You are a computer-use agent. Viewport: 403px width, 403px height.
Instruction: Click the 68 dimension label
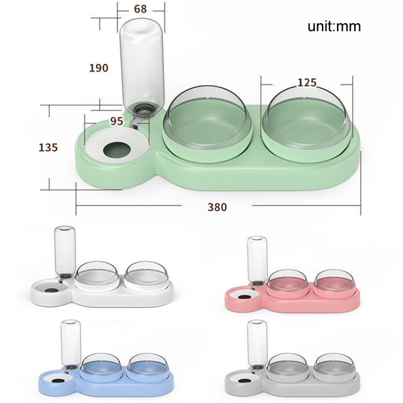pos(140,9)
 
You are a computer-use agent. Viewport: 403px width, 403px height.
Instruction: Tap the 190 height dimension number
pos(99,68)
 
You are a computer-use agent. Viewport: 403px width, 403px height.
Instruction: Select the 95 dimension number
pos(117,121)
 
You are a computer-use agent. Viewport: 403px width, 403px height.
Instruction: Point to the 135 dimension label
pos(48,148)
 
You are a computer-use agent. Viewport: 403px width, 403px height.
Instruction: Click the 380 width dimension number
pos(218,207)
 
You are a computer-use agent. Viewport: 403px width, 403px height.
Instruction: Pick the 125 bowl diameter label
pos(307,83)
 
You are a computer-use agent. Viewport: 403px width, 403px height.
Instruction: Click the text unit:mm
pos(334,26)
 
